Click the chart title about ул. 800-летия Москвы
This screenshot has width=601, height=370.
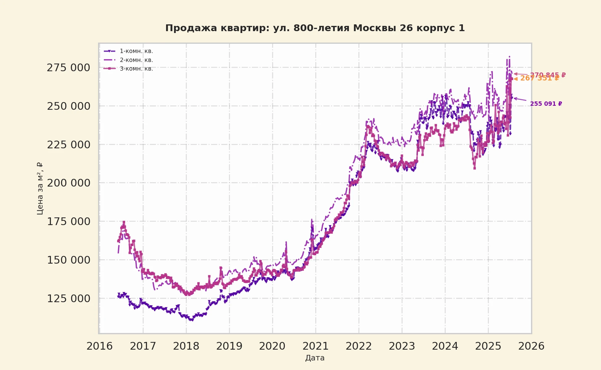[x=315, y=28]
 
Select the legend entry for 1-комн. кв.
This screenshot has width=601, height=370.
[x=136, y=51]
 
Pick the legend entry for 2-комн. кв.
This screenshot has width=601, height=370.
[x=136, y=60]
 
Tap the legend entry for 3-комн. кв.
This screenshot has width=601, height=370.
[x=136, y=69]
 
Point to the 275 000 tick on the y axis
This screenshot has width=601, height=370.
[x=68, y=68]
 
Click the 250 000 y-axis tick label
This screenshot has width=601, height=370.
[x=68, y=106]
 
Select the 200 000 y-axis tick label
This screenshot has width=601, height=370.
[x=68, y=183]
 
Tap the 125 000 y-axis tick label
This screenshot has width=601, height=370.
[x=68, y=298]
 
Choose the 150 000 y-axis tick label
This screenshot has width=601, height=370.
[x=68, y=260]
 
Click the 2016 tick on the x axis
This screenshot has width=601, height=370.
[x=100, y=346]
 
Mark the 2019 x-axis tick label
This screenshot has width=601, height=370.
[x=229, y=346]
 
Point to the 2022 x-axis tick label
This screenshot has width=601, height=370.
[x=359, y=346]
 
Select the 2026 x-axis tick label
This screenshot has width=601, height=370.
[x=531, y=346]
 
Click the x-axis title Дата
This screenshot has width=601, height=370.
[x=315, y=358]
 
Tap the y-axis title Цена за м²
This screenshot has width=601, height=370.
[x=40, y=188]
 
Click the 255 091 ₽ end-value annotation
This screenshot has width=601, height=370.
[x=546, y=104]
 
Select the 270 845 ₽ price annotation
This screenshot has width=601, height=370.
[x=548, y=75]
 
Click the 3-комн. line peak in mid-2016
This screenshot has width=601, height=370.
[x=124, y=222]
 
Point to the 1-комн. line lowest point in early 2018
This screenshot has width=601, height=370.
[x=191, y=320]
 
